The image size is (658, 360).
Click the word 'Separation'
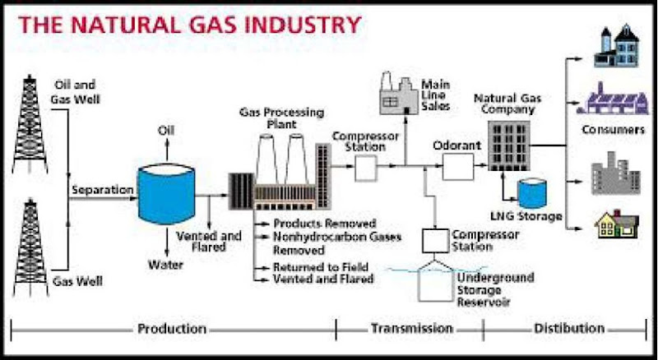pyautogui.click(x=102, y=190)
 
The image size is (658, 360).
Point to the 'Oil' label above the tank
pyautogui.click(x=167, y=132)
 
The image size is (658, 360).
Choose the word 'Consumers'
pyautogui.click(x=612, y=129)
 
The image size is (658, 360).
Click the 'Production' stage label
pyautogui.click(x=171, y=329)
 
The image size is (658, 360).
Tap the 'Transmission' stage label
pyautogui.click(x=411, y=329)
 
